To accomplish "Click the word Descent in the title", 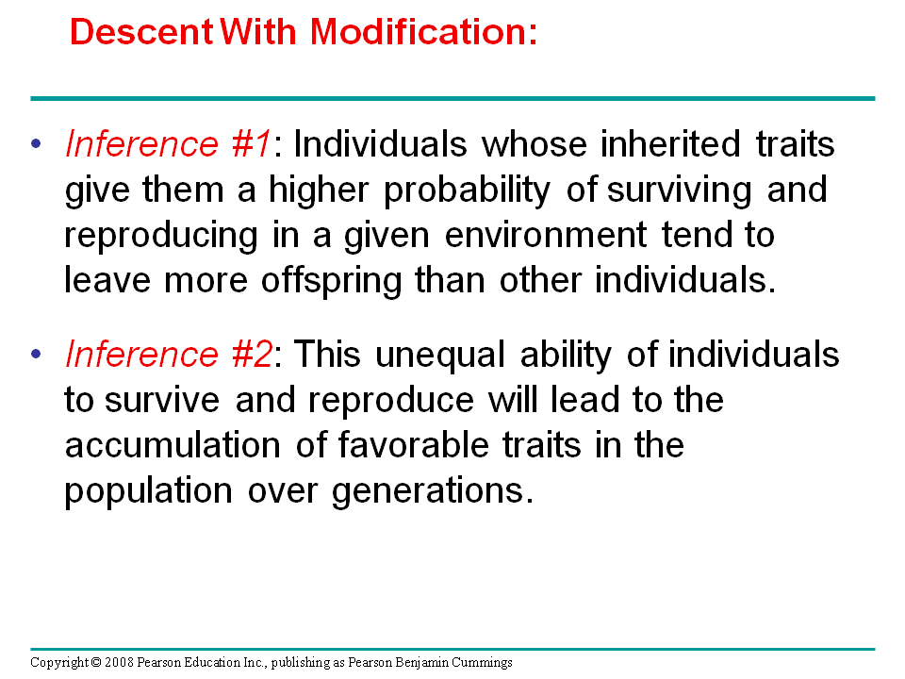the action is pyautogui.click(x=141, y=31).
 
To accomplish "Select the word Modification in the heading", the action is pyautogui.click(x=419, y=31).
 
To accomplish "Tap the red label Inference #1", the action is pyautogui.click(x=168, y=143).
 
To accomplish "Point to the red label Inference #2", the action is pyautogui.click(x=169, y=354).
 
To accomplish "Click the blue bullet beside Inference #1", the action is pyautogui.click(x=37, y=143).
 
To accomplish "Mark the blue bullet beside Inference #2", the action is pyautogui.click(x=37, y=354).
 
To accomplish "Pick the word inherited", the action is pyautogui.click(x=670, y=143).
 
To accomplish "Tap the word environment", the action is pyautogui.click(x=546, y=235).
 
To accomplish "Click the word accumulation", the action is pyautogui.click(x=173, y=445).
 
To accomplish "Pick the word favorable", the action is pyautogui.click(x=413, y=444).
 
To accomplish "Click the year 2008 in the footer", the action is pyautogui.click(x=120, y=662).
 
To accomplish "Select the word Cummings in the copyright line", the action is pyautogui.click(x=482, y=662).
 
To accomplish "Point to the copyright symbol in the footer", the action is pyautogui.click(x=96, y=662).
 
